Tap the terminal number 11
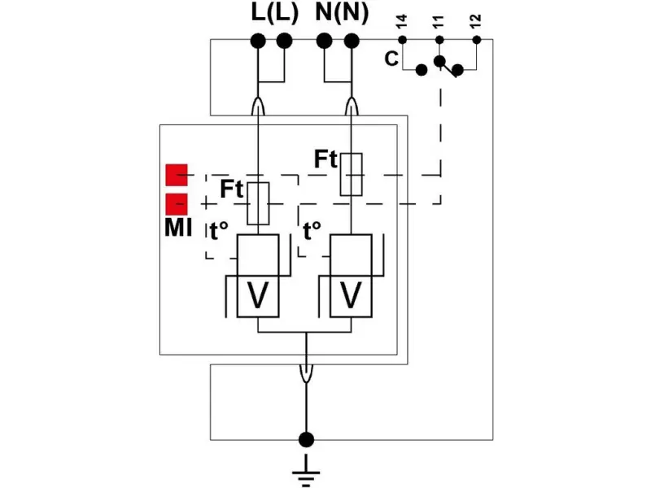point(439,21)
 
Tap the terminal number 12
point(477,21)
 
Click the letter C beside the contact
point(391,59)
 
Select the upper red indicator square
point(177,175)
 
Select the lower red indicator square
point(177,203)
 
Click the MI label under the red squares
point(178,228)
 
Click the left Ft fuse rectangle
point(258,203)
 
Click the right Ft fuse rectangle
point(351,174)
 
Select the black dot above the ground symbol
point(306,440)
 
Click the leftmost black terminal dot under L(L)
point(258,40)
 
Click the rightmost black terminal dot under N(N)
point(352,40)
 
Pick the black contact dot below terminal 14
point(421,70)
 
